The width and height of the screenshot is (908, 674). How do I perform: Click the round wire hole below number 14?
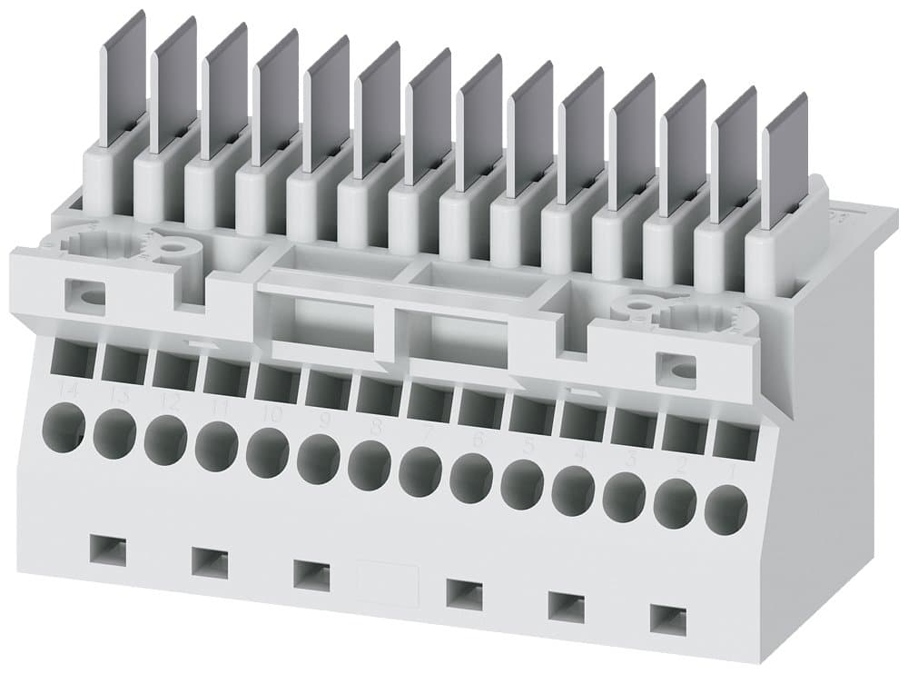(64, 425)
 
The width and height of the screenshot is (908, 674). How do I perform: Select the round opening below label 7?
(419, 470)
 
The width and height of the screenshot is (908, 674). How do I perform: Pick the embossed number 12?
(163, 401)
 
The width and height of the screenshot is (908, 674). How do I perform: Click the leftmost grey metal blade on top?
(122, 80)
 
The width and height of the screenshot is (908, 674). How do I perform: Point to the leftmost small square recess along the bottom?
(109, 550)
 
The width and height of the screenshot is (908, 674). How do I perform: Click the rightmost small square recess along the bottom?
(669, 619)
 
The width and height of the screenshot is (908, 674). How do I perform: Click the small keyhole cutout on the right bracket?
(676, 367)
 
